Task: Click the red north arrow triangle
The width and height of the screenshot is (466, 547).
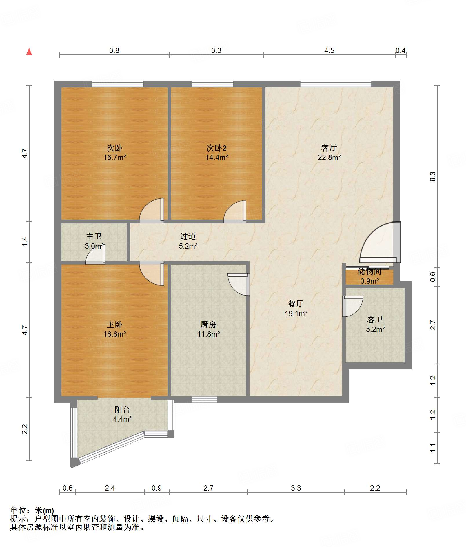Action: click(29, 52)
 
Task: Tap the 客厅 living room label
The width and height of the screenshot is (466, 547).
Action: click(329, 148)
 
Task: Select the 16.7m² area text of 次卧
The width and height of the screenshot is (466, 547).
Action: click(115, 158)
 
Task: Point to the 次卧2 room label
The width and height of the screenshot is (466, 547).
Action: click(216, 148)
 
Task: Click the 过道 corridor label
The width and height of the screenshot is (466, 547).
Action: click(188, 236)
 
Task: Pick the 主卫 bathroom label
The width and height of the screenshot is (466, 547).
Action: click(94, 236)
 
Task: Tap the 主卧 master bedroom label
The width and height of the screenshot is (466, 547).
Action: click(114, 324)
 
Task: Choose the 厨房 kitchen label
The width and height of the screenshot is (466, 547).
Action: click(208, 324)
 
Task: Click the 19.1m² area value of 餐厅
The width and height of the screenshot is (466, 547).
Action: click(296, 313)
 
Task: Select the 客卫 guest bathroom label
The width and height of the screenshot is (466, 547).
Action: click(375, 320)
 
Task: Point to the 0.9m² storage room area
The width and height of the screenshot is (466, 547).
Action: click(369, 281)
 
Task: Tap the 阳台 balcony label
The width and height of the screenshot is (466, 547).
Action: click(122, 409)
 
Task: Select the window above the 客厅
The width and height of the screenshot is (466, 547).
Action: click(336, 84)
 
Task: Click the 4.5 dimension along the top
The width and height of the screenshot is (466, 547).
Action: click(329, 51)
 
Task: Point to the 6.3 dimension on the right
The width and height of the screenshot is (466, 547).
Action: click(433, 176)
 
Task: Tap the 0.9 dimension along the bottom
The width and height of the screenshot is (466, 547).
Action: click(156, 488)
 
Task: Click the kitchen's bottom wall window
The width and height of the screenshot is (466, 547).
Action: click(204, 400)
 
